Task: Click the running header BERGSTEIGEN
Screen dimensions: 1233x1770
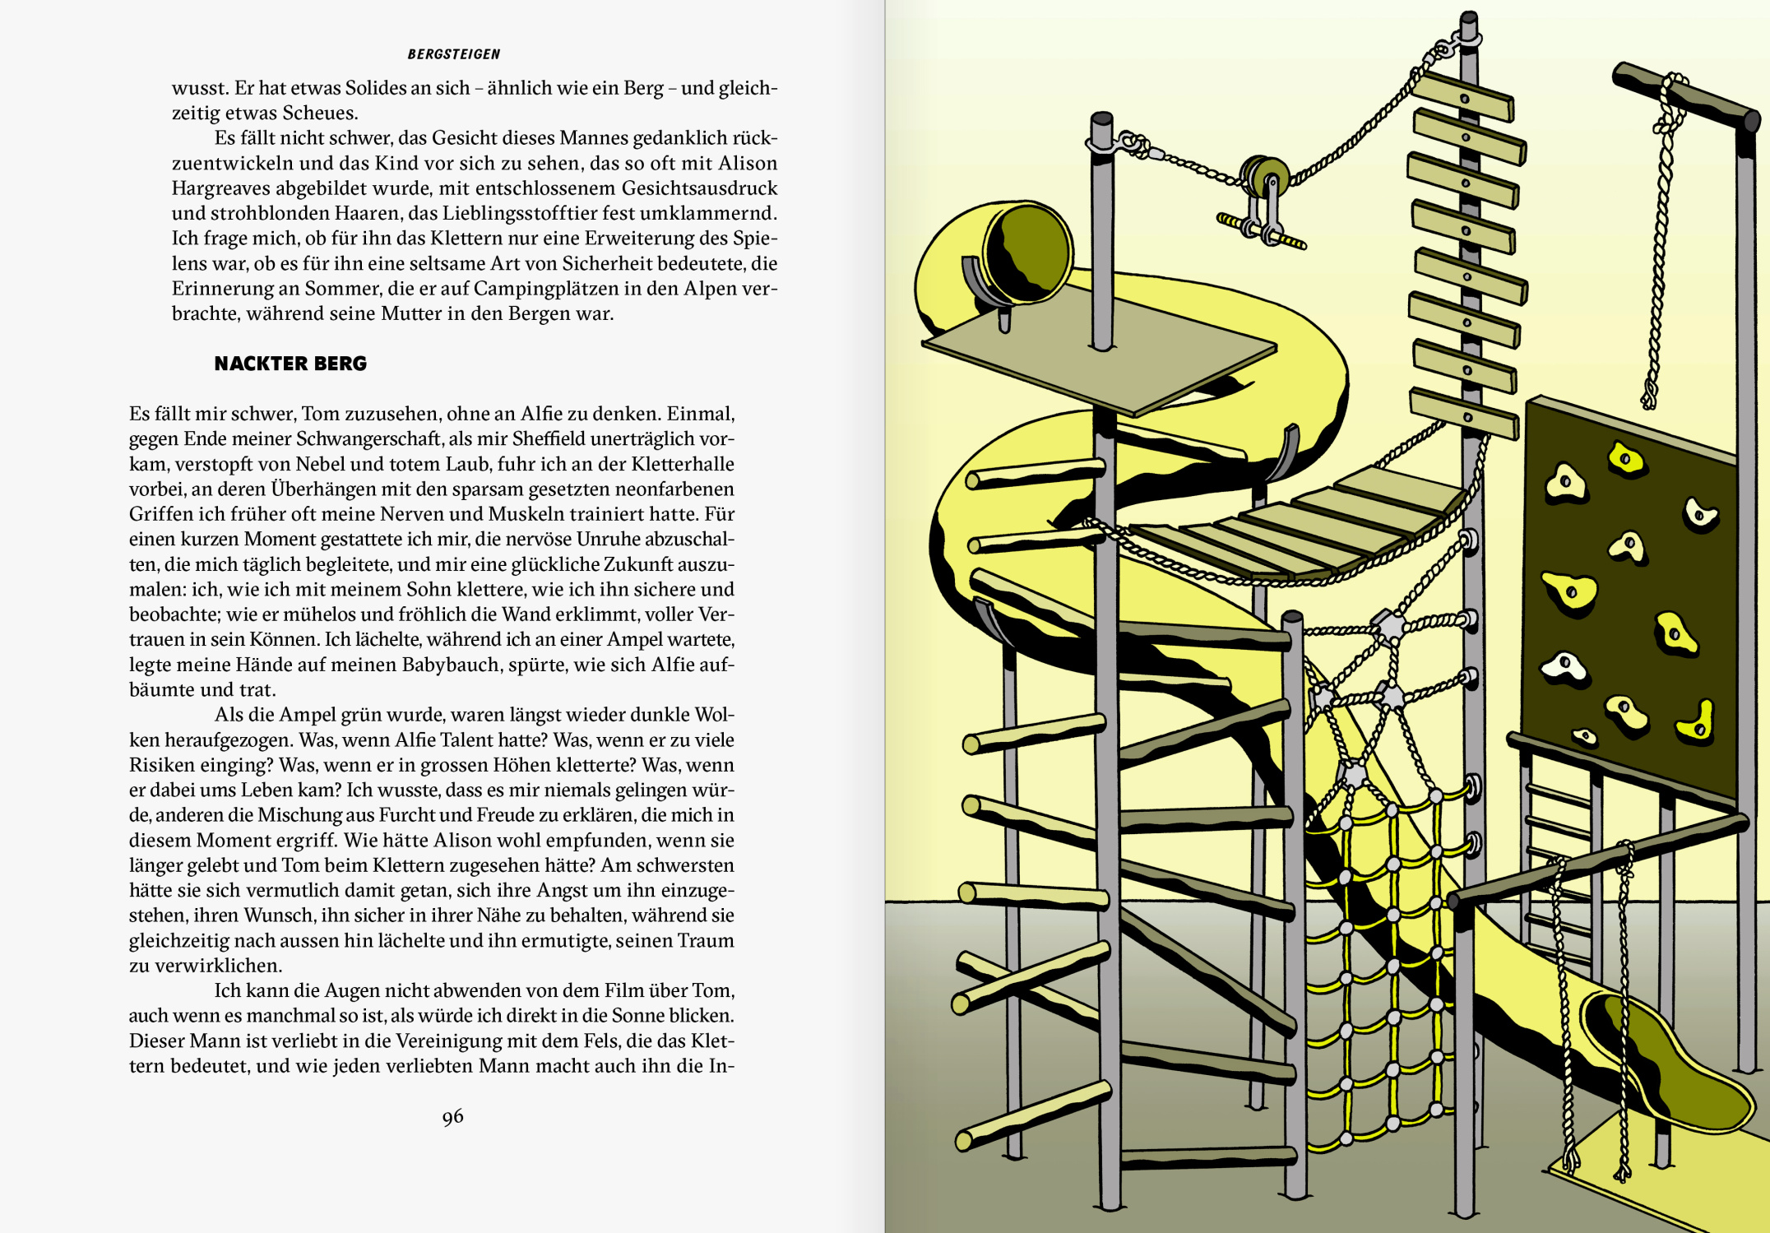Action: (x=453, y=54)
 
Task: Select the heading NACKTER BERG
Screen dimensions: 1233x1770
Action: (x=290, y=364)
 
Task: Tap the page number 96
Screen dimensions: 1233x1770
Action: (x=452, y=1117)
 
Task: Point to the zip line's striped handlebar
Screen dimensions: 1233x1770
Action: (x=1261, y=231)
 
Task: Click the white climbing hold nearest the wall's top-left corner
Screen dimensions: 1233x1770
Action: (x=1564, y=484)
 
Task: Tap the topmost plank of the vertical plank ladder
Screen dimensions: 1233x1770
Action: (x=1464, y=96)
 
